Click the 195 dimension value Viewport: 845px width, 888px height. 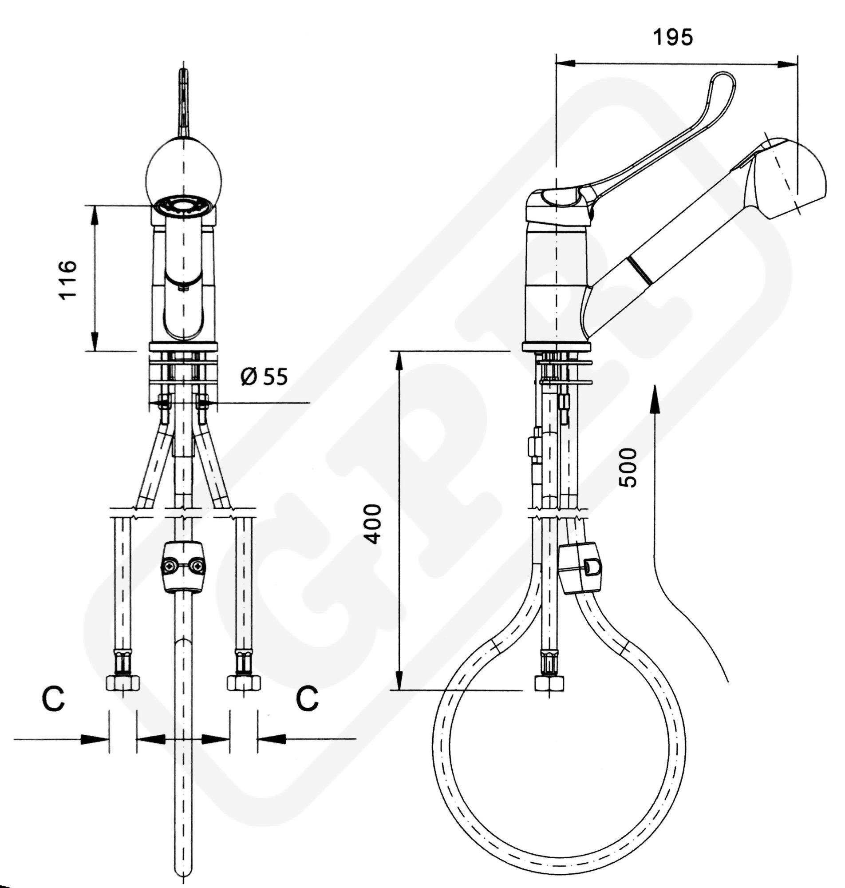673,37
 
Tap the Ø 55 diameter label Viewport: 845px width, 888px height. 264,377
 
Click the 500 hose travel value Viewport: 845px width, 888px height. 628,467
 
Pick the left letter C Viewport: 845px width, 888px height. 53,699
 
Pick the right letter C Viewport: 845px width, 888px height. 307,699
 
